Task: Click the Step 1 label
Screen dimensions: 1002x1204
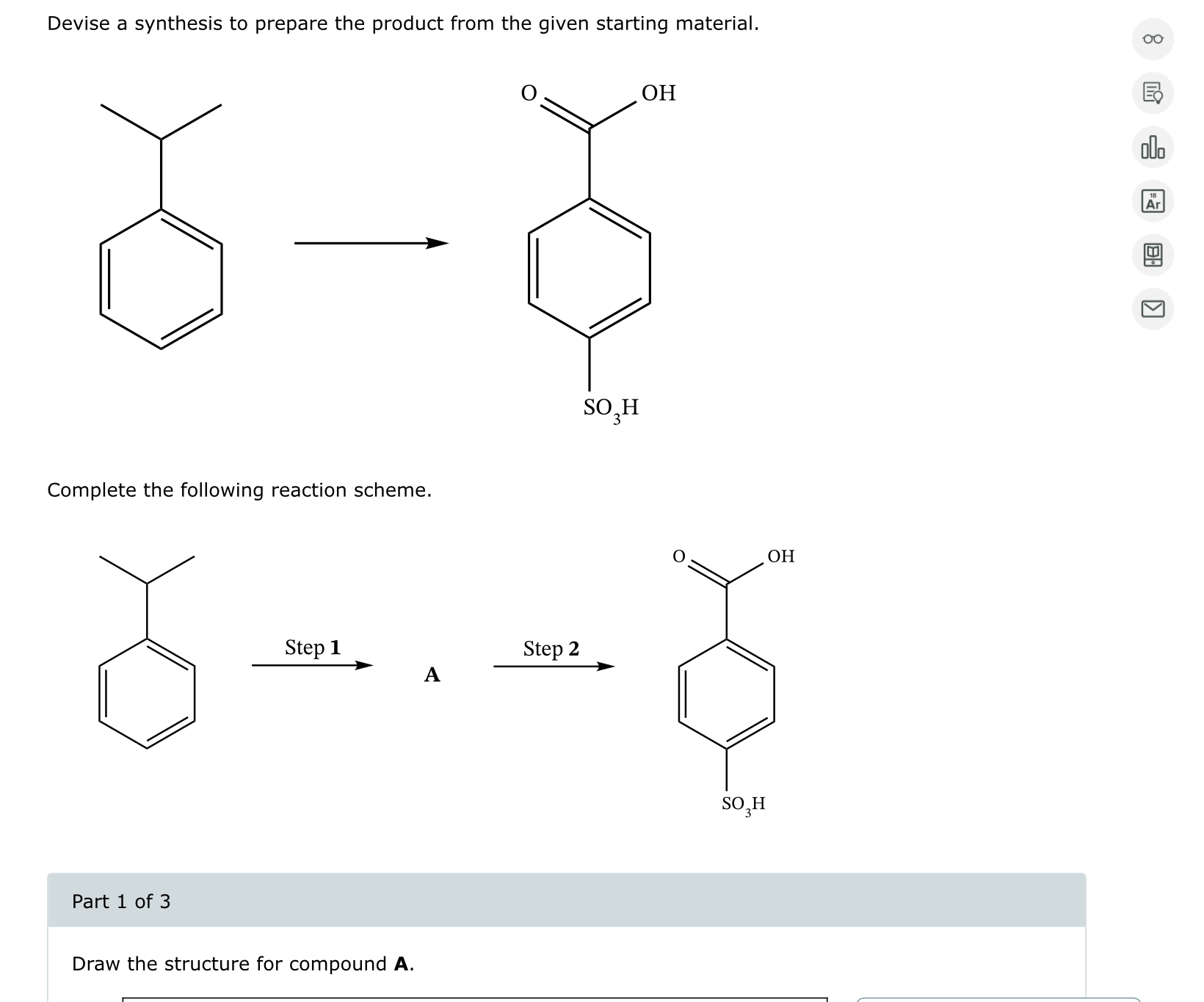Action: [313, 647]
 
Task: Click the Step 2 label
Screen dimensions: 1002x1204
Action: [551, 649]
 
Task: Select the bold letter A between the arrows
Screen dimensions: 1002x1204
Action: [432, 675]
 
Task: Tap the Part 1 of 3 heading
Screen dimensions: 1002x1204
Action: [121, 901]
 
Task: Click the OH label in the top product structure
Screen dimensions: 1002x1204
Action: [659, 93]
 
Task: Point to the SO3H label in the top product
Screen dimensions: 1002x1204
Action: [611, 408]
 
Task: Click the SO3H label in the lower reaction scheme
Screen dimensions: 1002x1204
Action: [743, 805]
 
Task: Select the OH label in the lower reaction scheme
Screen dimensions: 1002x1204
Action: [780, 556]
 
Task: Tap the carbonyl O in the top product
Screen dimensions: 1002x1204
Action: [529, 93]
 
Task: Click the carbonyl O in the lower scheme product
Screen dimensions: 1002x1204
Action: [679, 556]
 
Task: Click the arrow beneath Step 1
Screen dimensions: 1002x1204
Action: [312, 666]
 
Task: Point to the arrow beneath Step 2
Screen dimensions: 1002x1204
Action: [554, 667]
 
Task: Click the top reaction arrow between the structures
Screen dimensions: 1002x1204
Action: [371, 244]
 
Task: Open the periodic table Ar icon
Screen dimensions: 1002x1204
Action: [1153, 202]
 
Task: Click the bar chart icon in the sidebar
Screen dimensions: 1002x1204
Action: [1153, 148]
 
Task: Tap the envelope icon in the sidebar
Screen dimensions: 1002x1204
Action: [1153, 309]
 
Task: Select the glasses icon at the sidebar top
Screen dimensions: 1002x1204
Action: [1153, 40]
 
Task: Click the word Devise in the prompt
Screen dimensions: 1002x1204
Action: [79, 23]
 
